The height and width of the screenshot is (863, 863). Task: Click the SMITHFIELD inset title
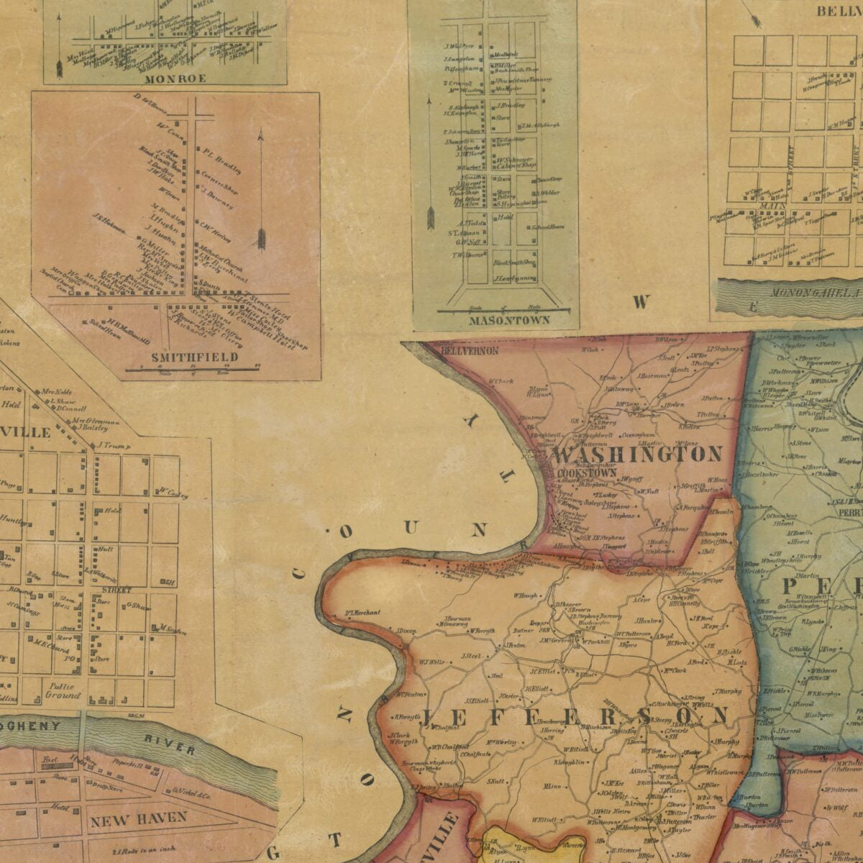(x=194, y=357)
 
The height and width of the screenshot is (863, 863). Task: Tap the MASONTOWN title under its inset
(x=509, y=319)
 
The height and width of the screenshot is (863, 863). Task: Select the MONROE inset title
(x=175, y=77)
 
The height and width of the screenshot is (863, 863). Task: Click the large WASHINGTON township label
(x=637, y=455)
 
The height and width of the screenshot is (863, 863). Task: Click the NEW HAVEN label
(x=138, y=817)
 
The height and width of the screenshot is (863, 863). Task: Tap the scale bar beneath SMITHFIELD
(x=193, y=370)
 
